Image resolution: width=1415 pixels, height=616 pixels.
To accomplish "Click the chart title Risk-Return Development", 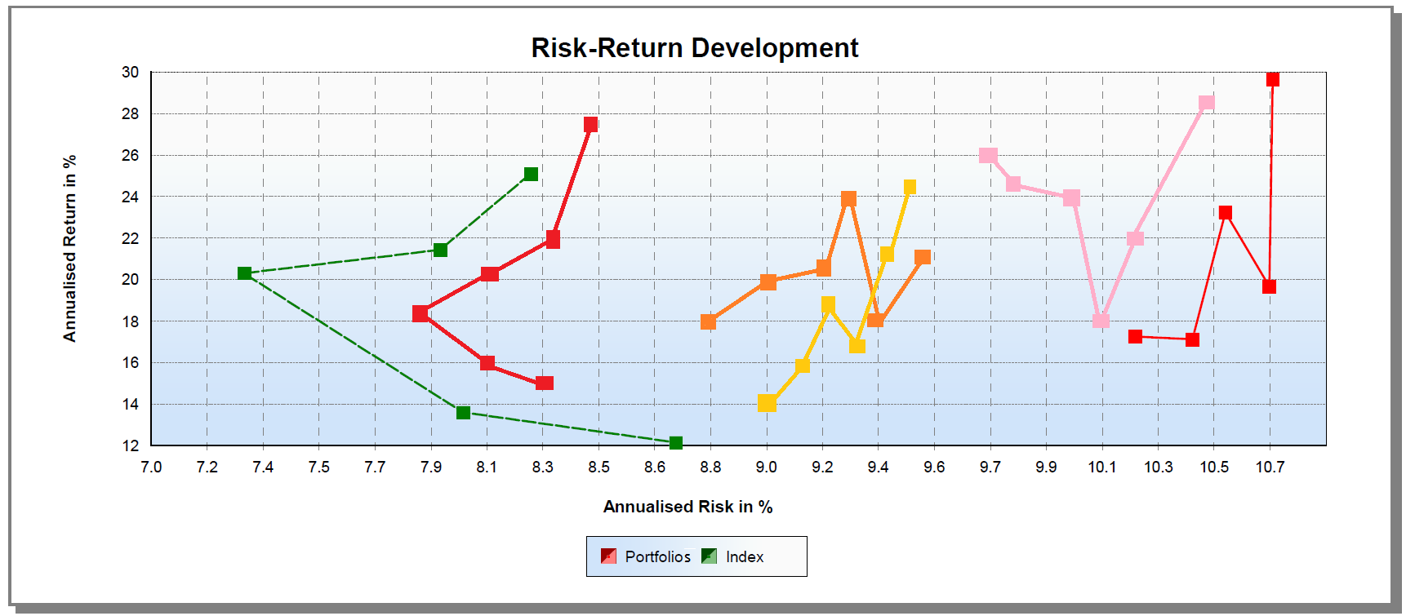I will pos(694,48).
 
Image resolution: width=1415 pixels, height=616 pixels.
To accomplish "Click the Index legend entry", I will pos(732,556).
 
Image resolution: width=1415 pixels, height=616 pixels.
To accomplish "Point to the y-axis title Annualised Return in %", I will pos(69,248).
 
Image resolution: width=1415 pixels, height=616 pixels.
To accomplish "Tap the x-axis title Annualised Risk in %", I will pos(687,507).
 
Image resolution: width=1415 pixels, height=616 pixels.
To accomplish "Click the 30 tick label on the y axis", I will pos(131,73).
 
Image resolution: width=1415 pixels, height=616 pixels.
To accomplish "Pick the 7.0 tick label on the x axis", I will pos(151,467).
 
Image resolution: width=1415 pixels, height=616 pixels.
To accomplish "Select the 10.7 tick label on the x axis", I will pos(1270,467).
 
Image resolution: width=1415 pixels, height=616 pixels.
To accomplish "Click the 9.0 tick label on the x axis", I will pos(766,467).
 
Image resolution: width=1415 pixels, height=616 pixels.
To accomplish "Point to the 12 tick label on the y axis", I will pos(131,445).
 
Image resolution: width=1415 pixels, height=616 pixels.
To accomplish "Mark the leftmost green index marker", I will pos(244,273).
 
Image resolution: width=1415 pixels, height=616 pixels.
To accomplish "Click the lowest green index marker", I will pos(675,443).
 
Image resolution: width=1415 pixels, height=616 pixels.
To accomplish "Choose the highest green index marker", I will pos(531,174).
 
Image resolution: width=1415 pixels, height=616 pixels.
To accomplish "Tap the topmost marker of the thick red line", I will pos(590,125).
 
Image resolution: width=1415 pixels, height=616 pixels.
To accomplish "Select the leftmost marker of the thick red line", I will pos(420,313).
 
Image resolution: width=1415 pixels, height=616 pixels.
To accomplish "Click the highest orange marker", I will pos(848,199).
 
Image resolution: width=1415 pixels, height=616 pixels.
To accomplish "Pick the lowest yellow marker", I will pos(766,403).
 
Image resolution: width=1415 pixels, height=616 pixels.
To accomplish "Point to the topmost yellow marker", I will pos(910,187).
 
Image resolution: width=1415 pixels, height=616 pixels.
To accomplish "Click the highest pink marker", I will pos(1206,104).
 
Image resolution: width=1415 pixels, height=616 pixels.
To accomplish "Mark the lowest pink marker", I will pos(1101,320).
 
